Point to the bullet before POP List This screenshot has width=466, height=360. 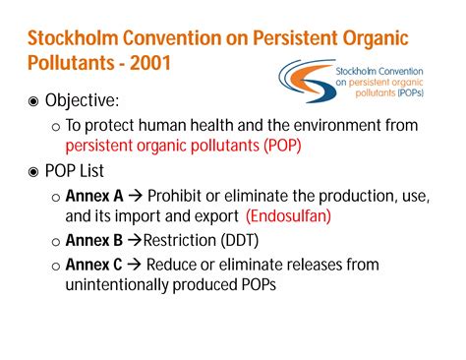36,170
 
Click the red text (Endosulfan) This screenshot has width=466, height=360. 289,215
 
